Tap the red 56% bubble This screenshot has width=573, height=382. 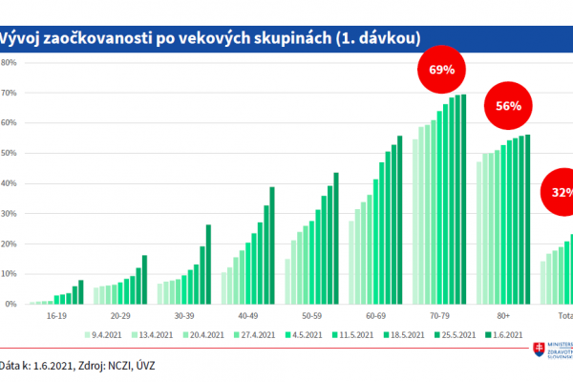[x=508, y=106]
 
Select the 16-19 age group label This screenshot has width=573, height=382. [x=56, y=313]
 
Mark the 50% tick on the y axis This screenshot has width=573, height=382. [x=9, y=154]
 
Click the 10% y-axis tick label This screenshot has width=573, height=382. [x=9, y=274]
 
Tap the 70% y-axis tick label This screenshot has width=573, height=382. [x=9, y=94]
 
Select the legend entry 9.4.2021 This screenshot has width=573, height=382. [x=106, y=335]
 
